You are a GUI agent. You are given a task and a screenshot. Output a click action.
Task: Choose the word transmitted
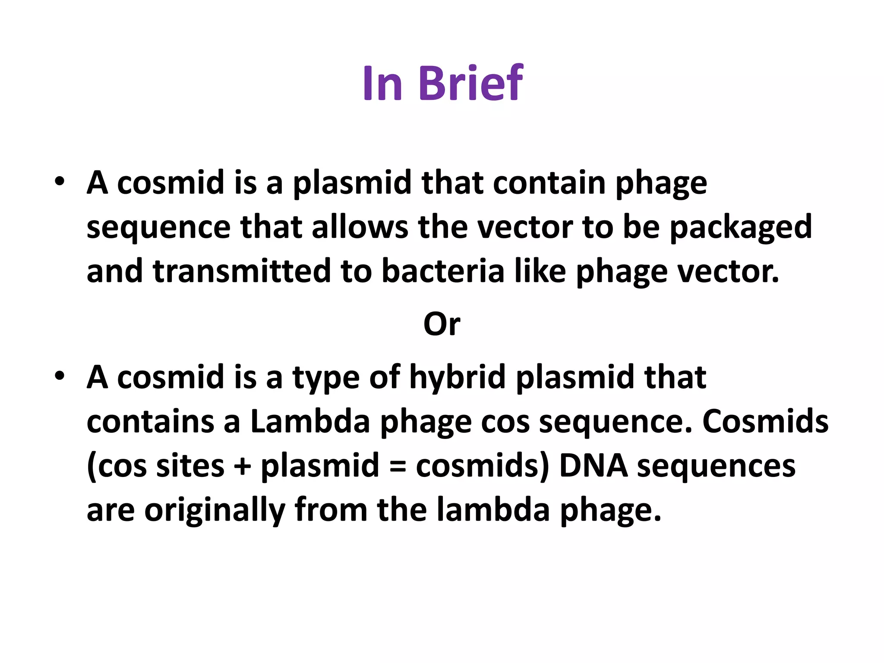pos(242,271)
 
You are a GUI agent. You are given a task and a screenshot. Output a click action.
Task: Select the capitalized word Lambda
pos(310,422)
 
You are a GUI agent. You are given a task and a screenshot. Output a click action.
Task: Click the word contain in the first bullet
pos(549,183)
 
